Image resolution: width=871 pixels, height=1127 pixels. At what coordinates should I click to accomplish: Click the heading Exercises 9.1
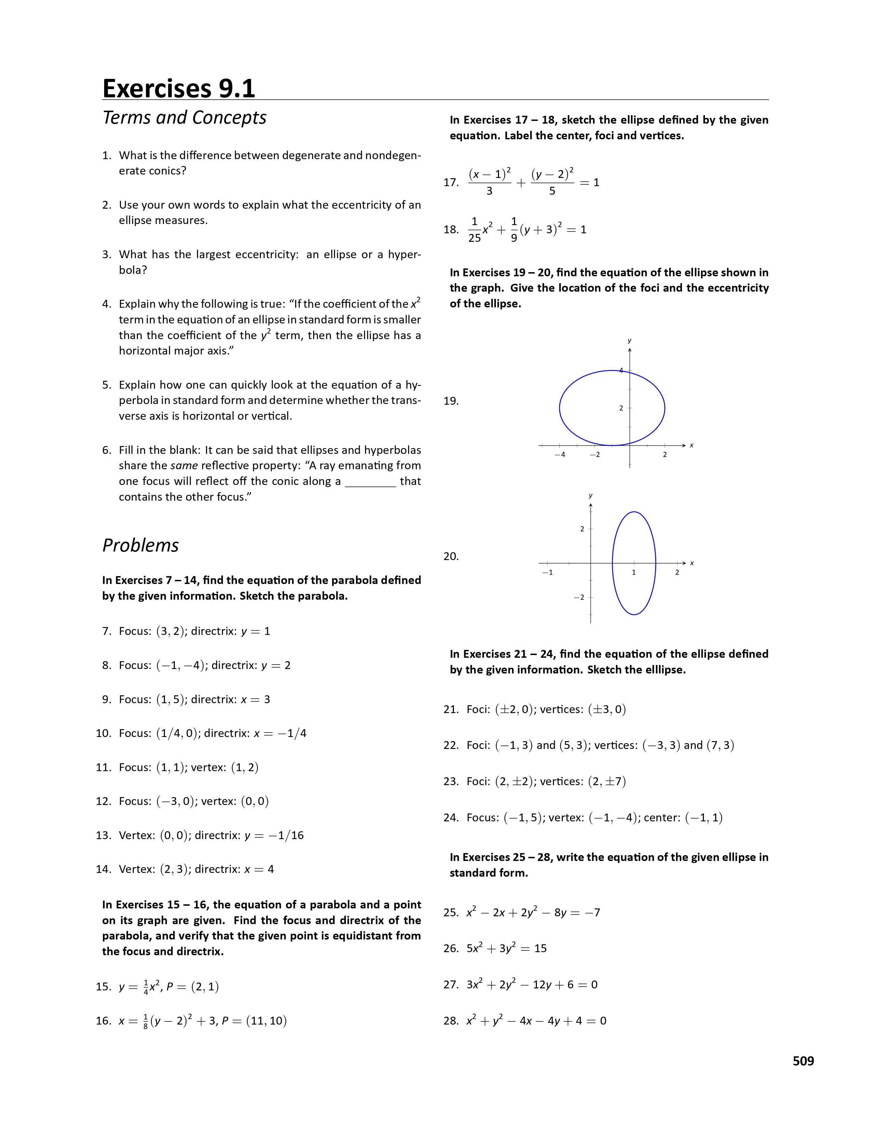(x=179, y=88)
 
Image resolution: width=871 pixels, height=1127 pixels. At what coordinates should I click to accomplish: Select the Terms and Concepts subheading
(x=184, y=118)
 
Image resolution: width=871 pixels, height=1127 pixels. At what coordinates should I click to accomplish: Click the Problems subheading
(x=140, y=545)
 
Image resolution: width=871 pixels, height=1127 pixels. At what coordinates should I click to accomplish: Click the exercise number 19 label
(x=451, y=401)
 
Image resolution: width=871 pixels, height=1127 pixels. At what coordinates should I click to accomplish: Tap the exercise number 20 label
(x=451, y=556)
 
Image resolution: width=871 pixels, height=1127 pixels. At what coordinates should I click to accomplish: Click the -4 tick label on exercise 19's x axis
(x=559, y=455)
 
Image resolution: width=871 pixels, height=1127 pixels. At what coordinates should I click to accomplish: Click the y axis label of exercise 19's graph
(x=630, y=340)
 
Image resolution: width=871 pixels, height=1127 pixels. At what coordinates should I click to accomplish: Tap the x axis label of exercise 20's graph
(x=692, y=563)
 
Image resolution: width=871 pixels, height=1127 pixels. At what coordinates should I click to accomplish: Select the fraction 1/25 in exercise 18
(x=474, y=229)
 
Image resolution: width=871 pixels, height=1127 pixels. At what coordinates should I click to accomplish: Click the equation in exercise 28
(x=536, y=1021)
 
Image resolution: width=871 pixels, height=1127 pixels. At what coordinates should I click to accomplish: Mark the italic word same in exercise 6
(x=184, y=465)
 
